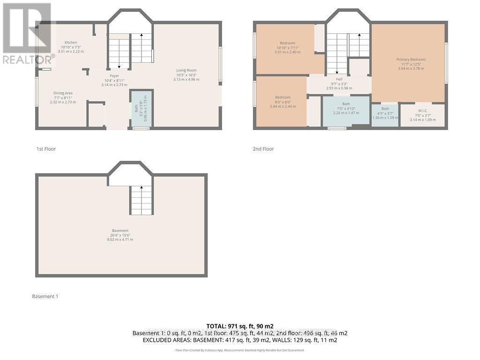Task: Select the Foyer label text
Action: click(114, 76)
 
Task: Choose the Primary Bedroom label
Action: click(411, 60)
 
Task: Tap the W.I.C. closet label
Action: click(422, 111)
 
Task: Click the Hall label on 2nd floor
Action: click(339, 79)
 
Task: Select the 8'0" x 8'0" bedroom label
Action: click(283, 97)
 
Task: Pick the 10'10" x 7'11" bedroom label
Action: click(287, 43)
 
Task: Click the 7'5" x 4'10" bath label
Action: click(346, 104)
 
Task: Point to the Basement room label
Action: click(120, 230)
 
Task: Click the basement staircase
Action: click(141, 200)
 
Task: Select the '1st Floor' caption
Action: click(46, 149)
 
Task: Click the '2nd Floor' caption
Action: click(263, 149)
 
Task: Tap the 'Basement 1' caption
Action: click(45, 296)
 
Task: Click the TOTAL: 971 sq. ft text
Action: click(240, 326)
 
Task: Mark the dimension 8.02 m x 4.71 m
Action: click(120, 240)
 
